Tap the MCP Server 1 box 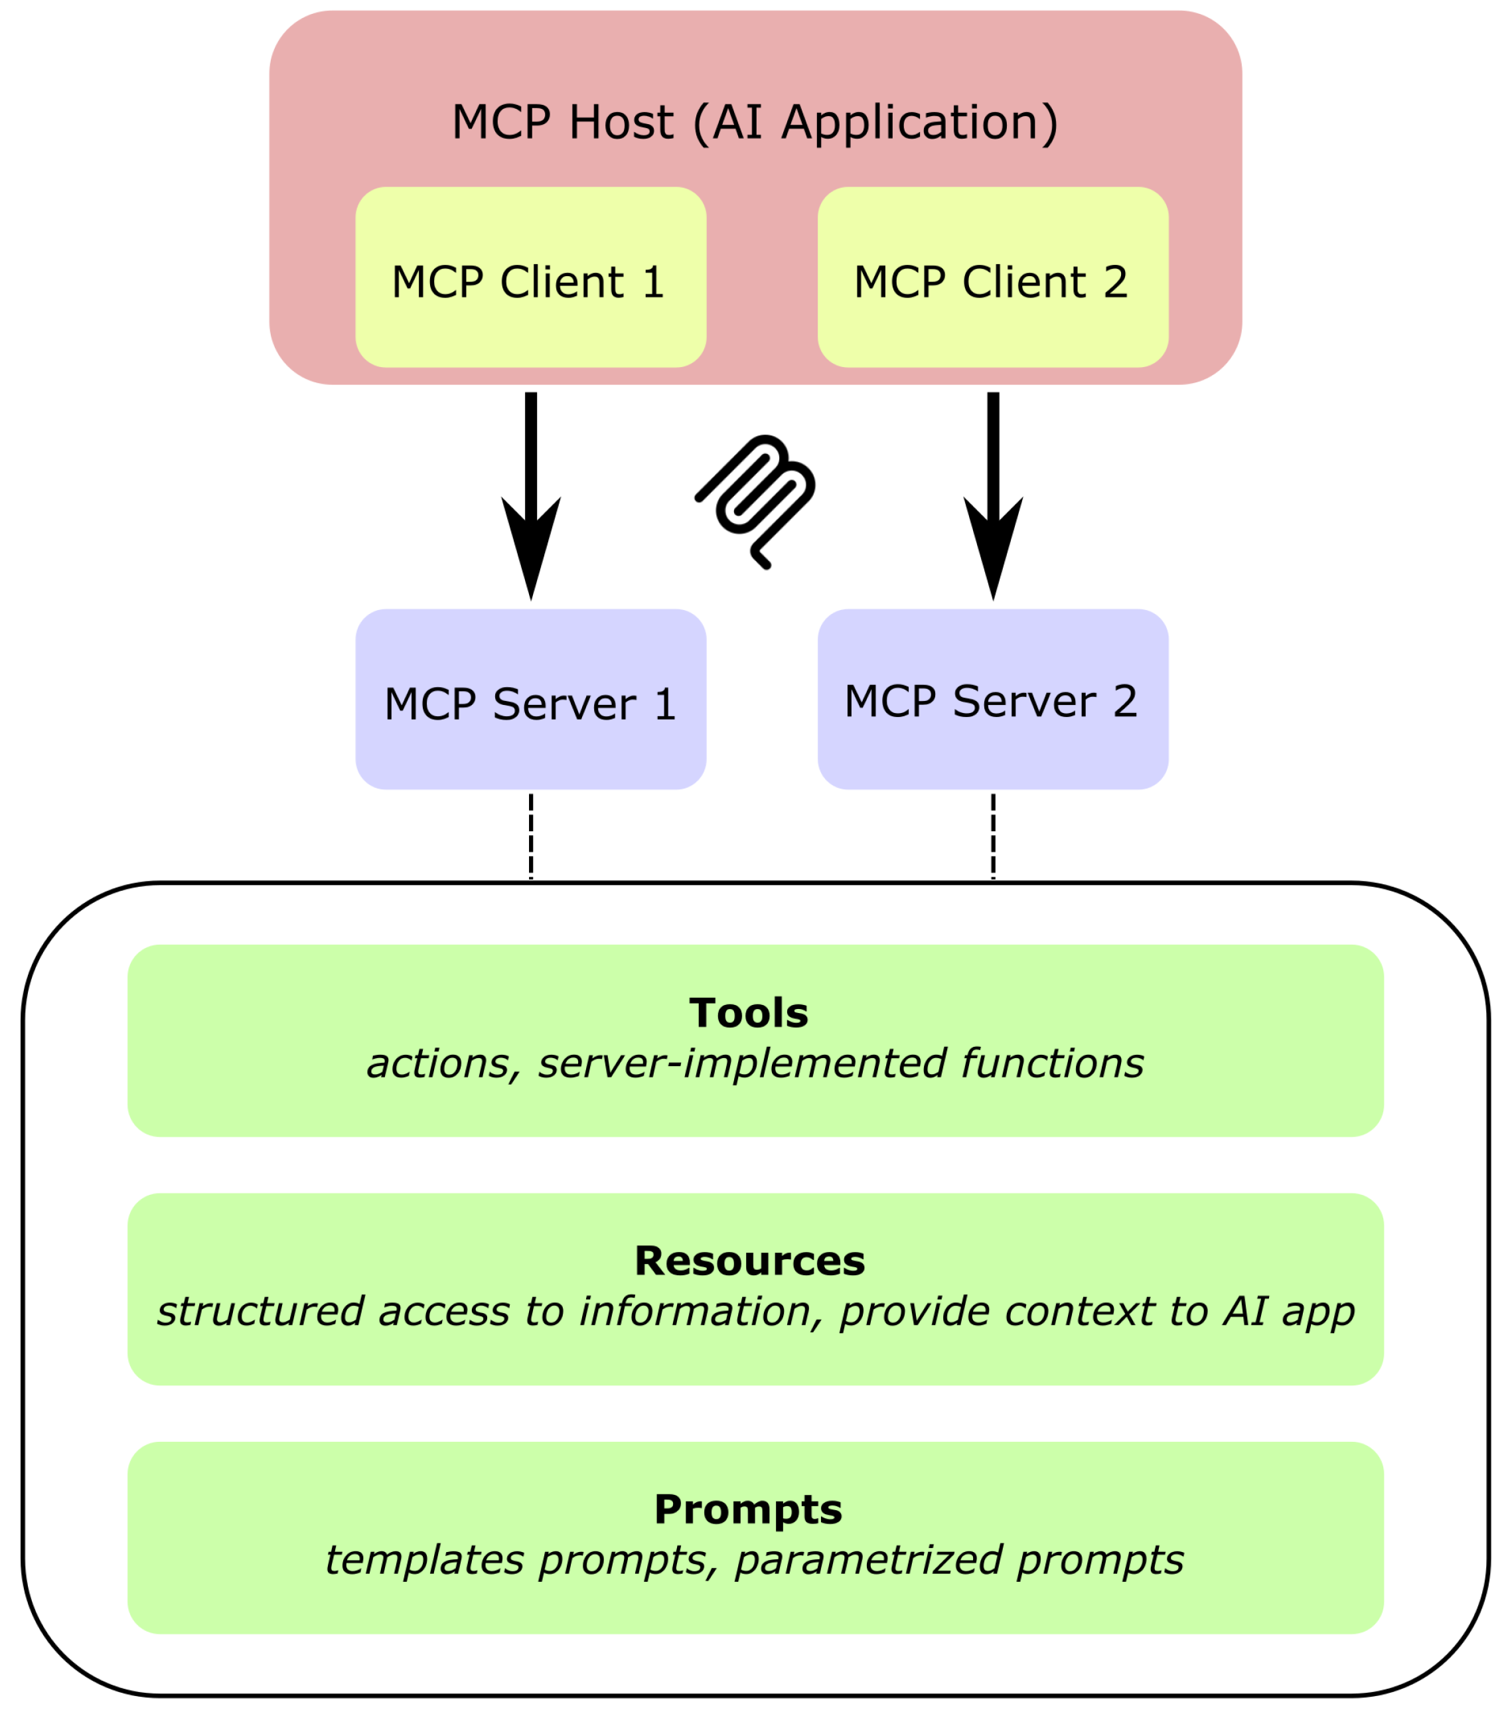pyautogui.click(x=530, y=700)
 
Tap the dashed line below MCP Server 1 pyautogui.click(x=530, y=835)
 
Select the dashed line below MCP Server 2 pyautogui.click(x=992, y=835)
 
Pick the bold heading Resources pyautogui.click(x=749, y=1261)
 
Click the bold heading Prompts pyautogui.click(x=748, y=1510)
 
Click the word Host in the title pyautogui.click(x=621, y=122)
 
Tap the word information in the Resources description pyautogui.click(x=694, y=1312)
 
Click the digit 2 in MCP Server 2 pyautogui.click(x=1124, y=701)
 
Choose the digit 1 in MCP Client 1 pyautogui.click(x=653, y=282)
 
